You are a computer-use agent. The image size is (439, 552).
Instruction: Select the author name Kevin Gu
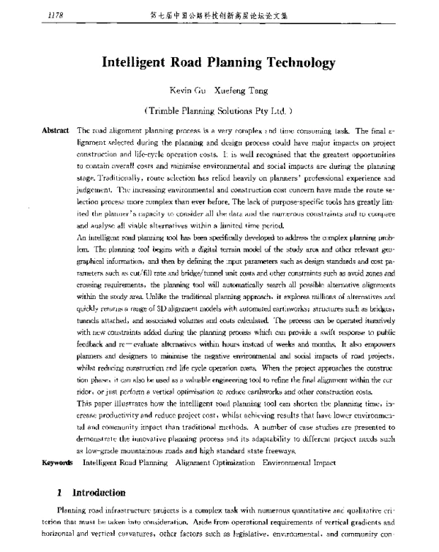[x=176, y=91]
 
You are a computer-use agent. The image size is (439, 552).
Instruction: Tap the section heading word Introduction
[x=96, y=472]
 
